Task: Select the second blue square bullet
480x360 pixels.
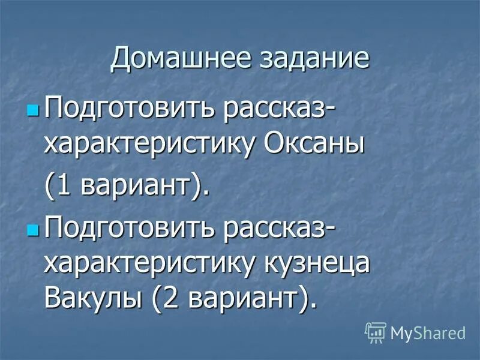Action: click(32, 230)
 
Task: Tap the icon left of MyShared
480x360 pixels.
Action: click(375, 332)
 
